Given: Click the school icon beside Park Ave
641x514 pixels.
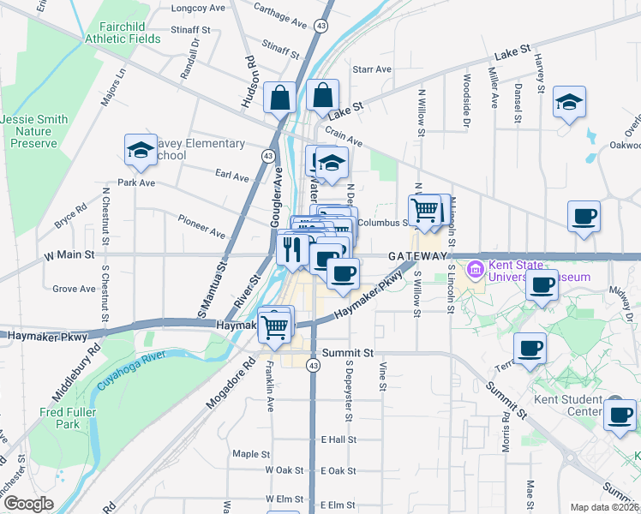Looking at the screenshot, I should click(141, 151).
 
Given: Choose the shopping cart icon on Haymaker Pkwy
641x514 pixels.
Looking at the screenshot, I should click(274, 326).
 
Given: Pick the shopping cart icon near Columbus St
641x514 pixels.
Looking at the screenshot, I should click(424, 209).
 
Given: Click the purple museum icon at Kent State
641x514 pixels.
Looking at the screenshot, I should click(474, 269).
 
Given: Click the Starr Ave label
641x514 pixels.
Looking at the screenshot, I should click(372, 69).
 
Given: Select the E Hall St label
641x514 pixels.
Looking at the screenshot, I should click(338, 439).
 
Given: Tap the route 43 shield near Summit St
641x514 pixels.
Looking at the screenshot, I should click(314, 366).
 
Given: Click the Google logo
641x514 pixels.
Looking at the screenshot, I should click(29, 503).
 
